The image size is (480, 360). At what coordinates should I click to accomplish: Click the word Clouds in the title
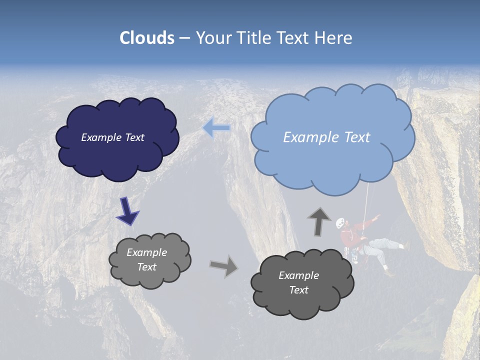click(x=147, y=38)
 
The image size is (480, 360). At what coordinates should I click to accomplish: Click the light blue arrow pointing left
click(x=216, y=128)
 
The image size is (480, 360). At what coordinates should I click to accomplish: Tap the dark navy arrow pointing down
click(x=127, y=211)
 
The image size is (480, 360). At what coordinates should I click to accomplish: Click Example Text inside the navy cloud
click(x=113, y=137)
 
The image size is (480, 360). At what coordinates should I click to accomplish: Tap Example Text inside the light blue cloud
click(x=326, y=137)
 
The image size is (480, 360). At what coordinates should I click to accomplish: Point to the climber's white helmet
click(x=340, y=222)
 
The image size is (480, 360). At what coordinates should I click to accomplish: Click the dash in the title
click(x=184, y=38)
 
